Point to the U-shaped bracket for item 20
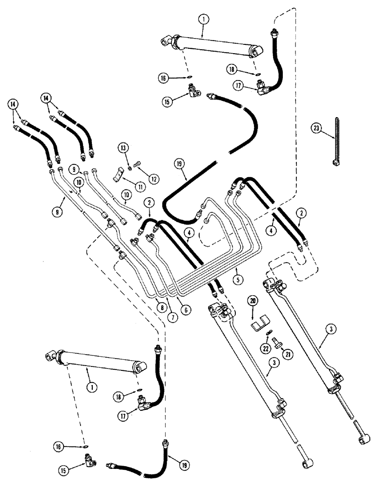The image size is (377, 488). tap(260, 325)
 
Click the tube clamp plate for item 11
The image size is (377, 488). tap(119, 174)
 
